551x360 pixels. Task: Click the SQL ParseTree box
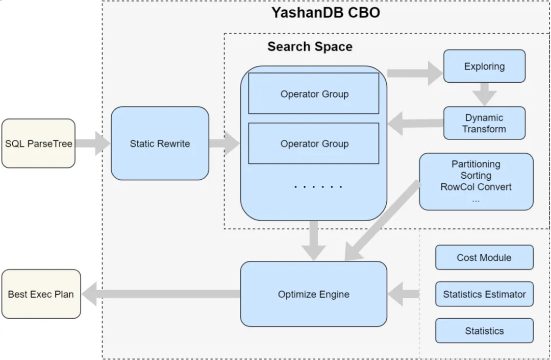(x=38, y=143)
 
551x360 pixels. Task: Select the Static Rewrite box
(x=160, y=143)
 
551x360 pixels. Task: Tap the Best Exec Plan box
(x=41, y=294)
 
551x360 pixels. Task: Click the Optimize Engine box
(x=313, y=294)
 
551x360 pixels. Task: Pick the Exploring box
(x=484, y=66)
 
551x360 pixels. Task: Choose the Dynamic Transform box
(x=484, y=123)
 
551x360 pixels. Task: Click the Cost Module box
(x=484, y=257)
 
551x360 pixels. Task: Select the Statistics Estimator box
(x=484, y=294)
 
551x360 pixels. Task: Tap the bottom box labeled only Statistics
(x=484, y=331)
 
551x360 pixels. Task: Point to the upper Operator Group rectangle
(x=314, y=94)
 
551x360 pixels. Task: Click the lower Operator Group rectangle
(x=314, y=143)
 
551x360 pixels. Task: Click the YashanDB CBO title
(x=325, y=13)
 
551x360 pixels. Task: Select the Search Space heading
(x=310, y=46)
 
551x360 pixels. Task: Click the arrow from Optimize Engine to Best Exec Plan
(x=161, y=295)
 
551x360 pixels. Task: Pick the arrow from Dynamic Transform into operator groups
(x=415, y=123)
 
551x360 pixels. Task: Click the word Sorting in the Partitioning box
(x=475, y=175)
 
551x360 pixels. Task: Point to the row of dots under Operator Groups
(x=318, y=187)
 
